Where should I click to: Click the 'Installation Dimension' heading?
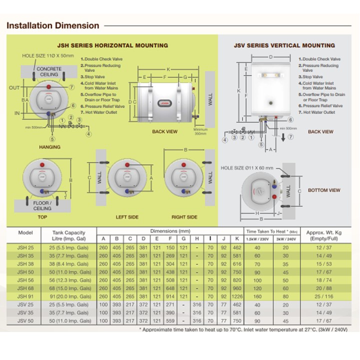click(52, 25)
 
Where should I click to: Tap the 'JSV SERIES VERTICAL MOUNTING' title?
click(284, 45)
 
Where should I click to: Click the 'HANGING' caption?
click(49, 147)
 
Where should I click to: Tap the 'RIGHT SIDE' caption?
click(184, 217)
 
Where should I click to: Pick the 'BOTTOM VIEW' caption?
click(324, 190)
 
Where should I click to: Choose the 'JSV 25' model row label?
click(25, 304)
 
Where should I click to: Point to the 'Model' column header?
click(25, 233)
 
